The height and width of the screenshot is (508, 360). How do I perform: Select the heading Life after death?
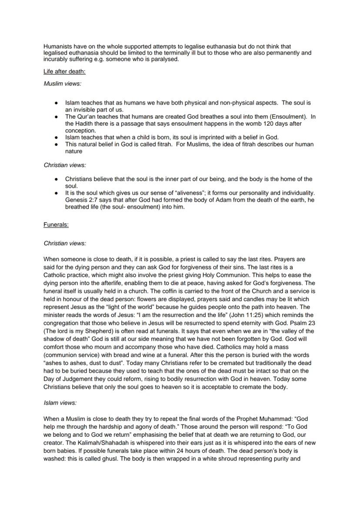pyautogui.click(x=64, y=71)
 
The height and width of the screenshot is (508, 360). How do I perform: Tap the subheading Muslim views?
pyautogui.click(x=63, y=83)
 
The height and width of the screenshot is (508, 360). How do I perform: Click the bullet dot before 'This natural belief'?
pyautogui.click(x=57, y=144)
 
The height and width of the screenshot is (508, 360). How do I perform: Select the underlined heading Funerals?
pyautogui.click(x=56, y=225)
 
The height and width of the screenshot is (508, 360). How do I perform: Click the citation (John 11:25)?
pyautogui.click(x=240, y=315)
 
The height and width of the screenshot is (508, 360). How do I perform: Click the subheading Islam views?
pyautogui.click(x=60, y=403)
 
